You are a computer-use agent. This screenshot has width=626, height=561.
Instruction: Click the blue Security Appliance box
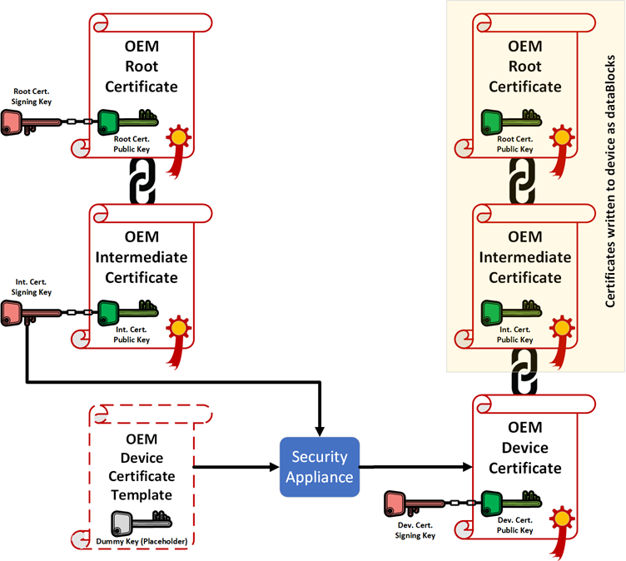pos(320,466)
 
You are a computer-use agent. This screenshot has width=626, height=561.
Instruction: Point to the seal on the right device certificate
pos(564,519)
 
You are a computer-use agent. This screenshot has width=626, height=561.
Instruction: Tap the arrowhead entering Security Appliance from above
pos(320,429)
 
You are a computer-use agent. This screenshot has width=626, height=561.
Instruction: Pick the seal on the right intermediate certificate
pos(563,329)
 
